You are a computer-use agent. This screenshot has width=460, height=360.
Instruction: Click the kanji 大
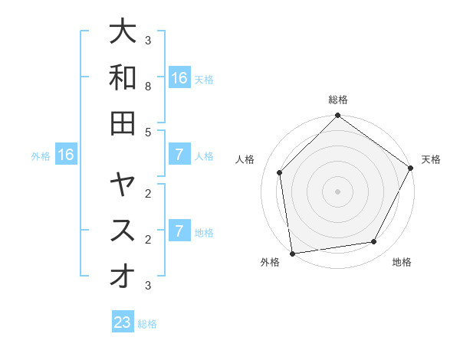point(123,32)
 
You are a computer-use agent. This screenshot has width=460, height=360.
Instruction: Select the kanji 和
point(123,77)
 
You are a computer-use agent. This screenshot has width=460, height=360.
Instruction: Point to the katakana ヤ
point(123,185)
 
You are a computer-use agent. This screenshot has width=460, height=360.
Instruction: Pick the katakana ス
point(123,231)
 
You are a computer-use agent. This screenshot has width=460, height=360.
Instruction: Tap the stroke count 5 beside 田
point(148,132)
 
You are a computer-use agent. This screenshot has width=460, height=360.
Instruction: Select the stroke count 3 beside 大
point(148,41)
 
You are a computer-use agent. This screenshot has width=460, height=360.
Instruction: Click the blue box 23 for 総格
point(123,322)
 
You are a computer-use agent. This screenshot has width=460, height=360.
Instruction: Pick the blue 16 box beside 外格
point(66,155)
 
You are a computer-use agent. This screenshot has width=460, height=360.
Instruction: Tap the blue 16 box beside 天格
point(179,77)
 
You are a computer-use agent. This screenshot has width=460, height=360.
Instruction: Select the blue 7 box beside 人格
point(179,155)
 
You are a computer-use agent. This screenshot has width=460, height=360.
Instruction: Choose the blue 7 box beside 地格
point(179,231)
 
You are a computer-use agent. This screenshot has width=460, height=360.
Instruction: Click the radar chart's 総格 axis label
point(337,100)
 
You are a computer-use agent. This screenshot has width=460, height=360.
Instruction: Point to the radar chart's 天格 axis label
point(431,159)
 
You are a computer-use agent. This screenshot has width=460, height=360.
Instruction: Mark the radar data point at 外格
point(291,254)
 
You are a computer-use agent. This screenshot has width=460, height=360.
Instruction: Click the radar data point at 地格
point(374,242)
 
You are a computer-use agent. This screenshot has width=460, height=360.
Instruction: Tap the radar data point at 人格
point(280,172)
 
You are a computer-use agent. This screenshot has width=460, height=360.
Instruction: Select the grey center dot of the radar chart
point(337,191)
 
